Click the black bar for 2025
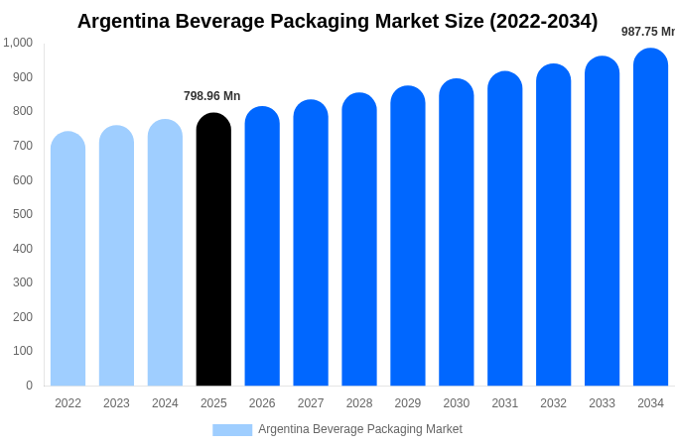pos(213,253)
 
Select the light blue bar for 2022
pos(67,260)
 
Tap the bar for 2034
pos(650,218)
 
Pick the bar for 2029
pos(407,238)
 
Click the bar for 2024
pos(165,254)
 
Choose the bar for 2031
pos(504,230)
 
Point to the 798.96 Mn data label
pos(211,96)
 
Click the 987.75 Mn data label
pos(647,32)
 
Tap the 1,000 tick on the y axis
pos(18,43)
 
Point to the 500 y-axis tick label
pos(22,214)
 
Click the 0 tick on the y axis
pos(29,386)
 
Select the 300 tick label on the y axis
pos(22,282)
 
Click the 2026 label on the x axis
pos(262,403)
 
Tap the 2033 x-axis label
pos(602,403)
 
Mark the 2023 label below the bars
pos(116,403)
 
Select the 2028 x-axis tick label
pos(359,403)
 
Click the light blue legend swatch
pos(232,429)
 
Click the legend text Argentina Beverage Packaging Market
pos(359,429)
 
